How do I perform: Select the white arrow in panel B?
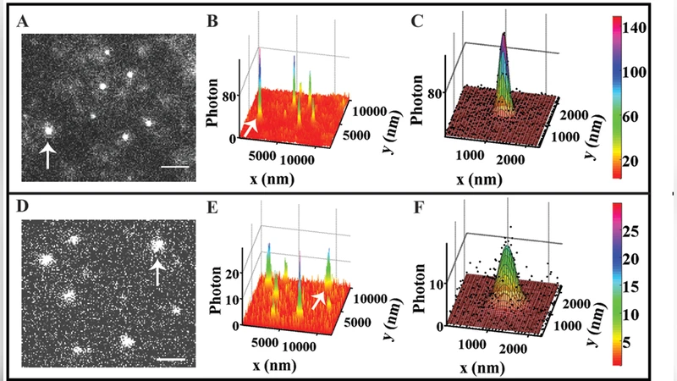click(250, 127)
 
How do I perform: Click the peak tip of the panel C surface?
click(504, 34)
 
